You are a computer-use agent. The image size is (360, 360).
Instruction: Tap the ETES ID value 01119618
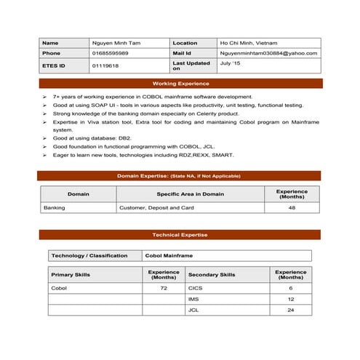[x=105, y=65]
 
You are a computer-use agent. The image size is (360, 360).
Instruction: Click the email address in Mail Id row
[x=268, y=53]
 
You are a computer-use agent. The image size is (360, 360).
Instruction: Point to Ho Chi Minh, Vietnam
[x=248, y=43]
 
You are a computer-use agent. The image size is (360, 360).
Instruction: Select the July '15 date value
[x=231, y=63]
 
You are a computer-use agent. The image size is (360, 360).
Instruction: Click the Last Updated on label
[x=191, y=65]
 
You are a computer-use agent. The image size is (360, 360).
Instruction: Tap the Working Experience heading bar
[x=180, y=84]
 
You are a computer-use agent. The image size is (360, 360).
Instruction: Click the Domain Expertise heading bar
[x=180, y=175]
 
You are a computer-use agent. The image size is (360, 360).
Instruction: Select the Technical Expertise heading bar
[x=180, y=235]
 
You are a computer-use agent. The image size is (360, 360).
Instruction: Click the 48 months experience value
[x=292, y=207]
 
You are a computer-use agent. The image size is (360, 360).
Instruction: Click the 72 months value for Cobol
[x=164, y=288]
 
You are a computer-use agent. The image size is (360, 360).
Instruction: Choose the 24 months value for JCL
[x=291, y=310]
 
